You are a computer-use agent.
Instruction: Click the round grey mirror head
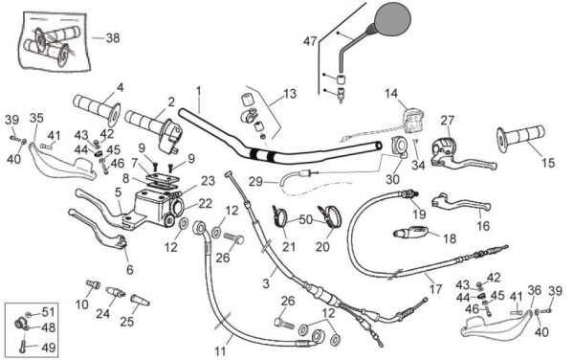coord(393,19)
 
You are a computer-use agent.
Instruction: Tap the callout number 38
coord(113,38)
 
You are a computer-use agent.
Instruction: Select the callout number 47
coord(310,41)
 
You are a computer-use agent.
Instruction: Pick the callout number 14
coord(391,94)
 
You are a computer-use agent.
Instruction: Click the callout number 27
coord(448,120)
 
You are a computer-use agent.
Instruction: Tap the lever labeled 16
coord(460,203)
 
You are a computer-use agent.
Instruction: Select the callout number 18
coord(450,238)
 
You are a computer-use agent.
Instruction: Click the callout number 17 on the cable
coord(435,289)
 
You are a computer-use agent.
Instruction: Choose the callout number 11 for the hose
coord(220,351)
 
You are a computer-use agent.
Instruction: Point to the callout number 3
coord(266,283)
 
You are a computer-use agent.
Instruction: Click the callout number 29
coord(255,181)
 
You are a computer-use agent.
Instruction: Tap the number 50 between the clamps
coord(306,220)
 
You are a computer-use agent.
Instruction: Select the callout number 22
coord(206,204)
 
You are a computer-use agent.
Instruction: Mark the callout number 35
coord(36,118)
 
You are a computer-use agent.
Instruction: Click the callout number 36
coord(535,290)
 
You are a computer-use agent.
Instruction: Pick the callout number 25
coord(127,322)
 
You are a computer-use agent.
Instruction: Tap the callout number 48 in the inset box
coord(49,327)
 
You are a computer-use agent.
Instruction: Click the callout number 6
coord(129,270)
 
